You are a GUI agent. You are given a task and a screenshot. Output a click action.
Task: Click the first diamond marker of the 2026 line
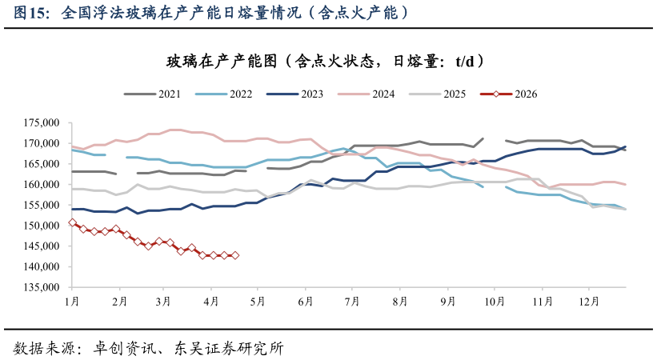[x=72, y=222]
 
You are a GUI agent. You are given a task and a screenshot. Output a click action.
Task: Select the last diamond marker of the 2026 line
[x=235, y=255]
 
